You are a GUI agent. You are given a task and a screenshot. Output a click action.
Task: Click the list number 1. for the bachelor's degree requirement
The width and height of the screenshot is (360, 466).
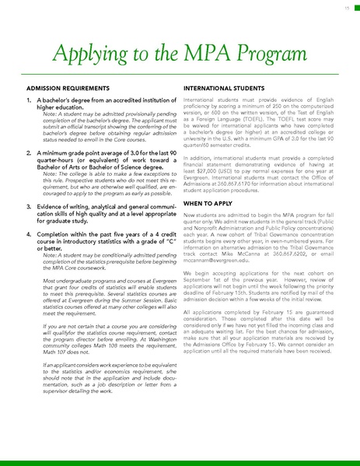pos(30,101)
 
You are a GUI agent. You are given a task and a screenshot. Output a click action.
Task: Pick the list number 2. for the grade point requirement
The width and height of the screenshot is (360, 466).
pos(30,153)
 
